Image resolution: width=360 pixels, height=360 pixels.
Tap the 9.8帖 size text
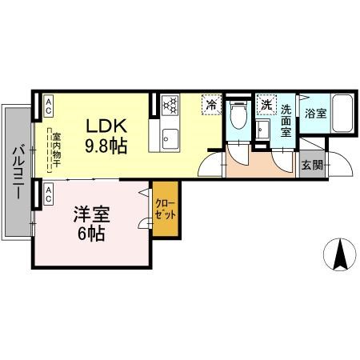pyautogui.click(x=106, y=146)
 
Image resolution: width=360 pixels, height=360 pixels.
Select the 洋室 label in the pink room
pyautogui.click(x=91, y=215)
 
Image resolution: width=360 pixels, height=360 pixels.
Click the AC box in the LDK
pyautogui.click(x=48, y=102)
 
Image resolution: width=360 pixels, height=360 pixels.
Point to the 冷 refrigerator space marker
pyautogui.click(x=211, y=105)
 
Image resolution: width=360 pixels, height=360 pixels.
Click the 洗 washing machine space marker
pyautogui.click(x=266, y=105)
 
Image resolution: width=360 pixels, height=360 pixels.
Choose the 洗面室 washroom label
pyautogui.click(x=285, y=119)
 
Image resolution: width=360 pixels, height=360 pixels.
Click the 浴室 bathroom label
pyautogui.click(x=314, y=114)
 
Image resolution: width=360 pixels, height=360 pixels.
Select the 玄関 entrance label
pyautogui.click(x=312, y=166)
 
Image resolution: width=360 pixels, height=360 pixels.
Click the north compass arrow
pyautogui.click(x=340, y=254)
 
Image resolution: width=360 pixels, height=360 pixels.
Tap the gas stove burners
pyautogui.click(x=170, y=105)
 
